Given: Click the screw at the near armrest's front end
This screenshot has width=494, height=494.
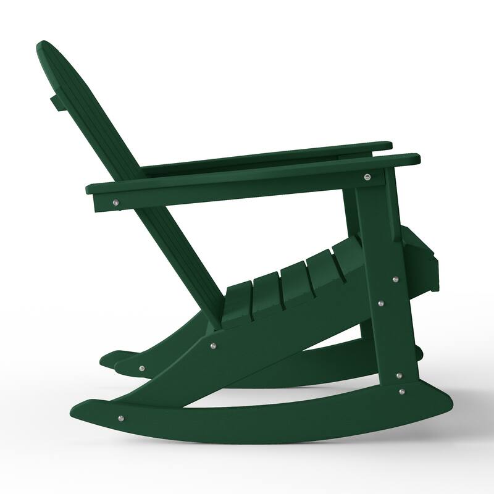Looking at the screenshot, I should [368, 177].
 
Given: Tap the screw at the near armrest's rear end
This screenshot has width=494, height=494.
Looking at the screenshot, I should [116, 201].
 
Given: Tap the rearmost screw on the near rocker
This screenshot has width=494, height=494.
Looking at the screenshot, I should [120, 417].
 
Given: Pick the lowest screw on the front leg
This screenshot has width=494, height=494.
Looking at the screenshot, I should [402, 391].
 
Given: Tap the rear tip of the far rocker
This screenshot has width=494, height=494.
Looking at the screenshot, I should [107, 358].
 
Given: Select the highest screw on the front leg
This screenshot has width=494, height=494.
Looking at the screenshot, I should [395, 279].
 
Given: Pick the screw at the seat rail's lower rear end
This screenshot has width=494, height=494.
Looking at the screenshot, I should [141, 369].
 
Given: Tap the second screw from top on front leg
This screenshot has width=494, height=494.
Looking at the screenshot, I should [380, 303].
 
